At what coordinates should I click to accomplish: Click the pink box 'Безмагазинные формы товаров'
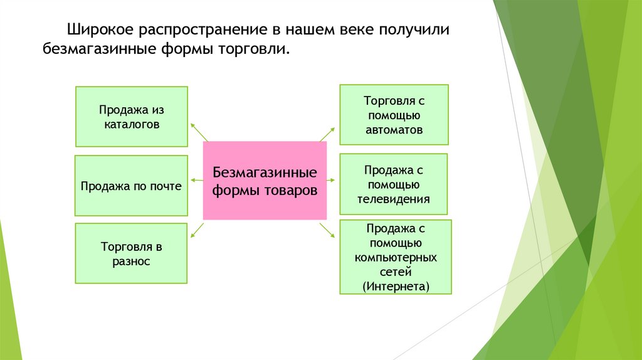[265, 181]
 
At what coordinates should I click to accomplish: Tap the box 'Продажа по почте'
[131, 186]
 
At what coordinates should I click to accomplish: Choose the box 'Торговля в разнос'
[131, 253]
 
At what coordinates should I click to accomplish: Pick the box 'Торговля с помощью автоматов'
[394, 115]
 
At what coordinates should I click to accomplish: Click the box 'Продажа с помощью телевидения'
[393, 184]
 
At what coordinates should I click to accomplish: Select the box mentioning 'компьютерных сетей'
[395, 257]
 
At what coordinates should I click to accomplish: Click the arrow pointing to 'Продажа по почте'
[196, 181]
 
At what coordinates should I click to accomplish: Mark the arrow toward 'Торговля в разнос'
[197, 230]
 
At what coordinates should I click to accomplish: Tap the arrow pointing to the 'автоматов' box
[328, 132]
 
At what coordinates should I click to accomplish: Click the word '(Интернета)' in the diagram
[396, 287]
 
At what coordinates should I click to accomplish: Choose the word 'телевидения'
[393, 199]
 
